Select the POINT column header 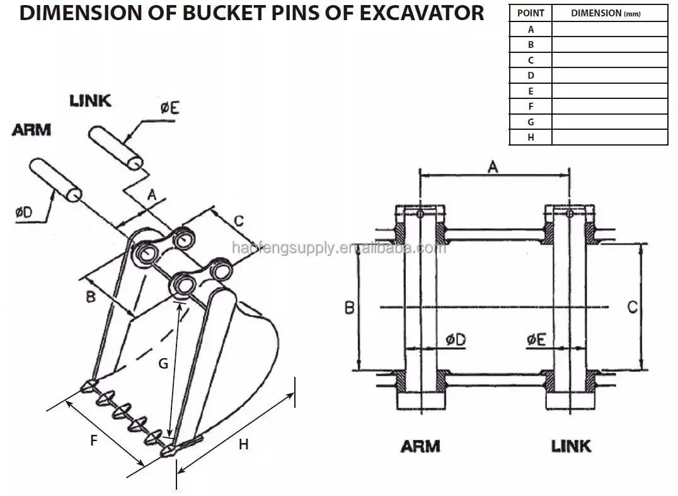coord(531,13)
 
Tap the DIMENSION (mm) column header coord(609,13)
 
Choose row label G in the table coord(531,122)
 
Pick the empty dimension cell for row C coord(609,60)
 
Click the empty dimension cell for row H coord(609,137)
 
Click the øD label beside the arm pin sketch coord(24,212)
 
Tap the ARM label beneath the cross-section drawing coord(420,446)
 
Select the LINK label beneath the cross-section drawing coord(572,446)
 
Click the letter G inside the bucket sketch coord(163,364)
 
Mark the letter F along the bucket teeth coord(93,441)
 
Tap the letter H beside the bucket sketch coord(243,445)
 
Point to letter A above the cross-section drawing coord(493,166)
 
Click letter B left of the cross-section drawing coord(348,308)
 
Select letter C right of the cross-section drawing coord(633,307)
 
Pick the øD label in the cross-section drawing coord(456,339)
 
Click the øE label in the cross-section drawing coord(536,339)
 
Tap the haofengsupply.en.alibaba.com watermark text coord(339,248)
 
